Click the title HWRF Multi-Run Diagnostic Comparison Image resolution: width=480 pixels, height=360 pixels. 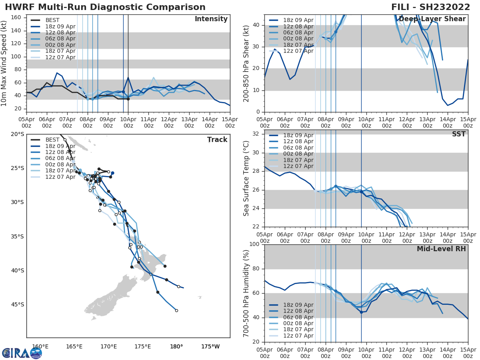point(105,7)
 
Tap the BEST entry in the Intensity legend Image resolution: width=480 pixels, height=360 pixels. point(52,20)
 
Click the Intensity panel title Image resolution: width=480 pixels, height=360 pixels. point(211,19)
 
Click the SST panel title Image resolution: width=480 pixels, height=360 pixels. point(459,134)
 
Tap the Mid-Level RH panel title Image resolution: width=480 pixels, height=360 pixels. point(441,249)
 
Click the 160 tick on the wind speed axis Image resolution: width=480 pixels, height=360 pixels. point(17,17)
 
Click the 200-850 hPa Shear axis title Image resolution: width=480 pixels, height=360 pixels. point(246,63)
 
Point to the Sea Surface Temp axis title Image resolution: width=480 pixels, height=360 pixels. point(246,178)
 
